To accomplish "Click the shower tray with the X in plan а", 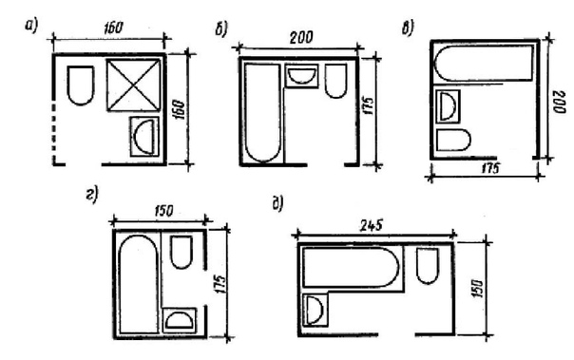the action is point(134,85).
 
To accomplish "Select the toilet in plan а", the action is point(81,85).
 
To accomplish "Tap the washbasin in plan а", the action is point(145,137).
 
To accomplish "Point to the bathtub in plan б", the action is point(263,112).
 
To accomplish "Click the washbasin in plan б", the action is point(301,76).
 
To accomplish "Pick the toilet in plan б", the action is point(336,82).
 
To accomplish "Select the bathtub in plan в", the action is point(484,63).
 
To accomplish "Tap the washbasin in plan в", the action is point(448,106).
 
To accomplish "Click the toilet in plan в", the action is point(453,140).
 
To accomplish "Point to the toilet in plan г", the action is point(182,252).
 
